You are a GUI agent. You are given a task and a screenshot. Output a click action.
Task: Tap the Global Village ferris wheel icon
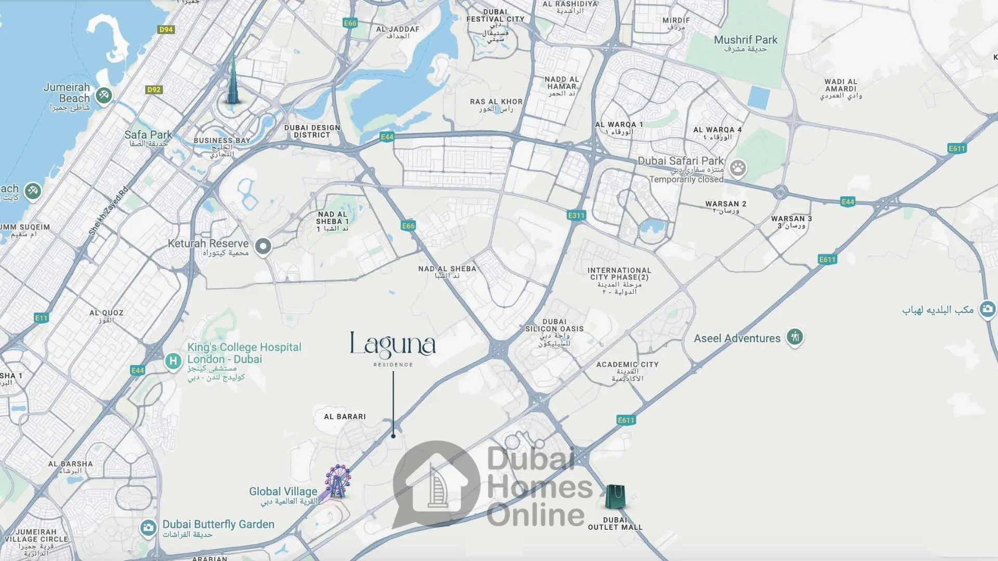click(x=338, y=482)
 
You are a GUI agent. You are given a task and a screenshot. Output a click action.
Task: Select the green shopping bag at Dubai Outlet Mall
click(x=615, y=497)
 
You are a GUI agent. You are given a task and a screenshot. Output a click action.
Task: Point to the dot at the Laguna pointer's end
click(x=393, y=436)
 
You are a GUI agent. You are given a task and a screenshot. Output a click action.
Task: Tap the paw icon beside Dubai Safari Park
click(x=738, y=168)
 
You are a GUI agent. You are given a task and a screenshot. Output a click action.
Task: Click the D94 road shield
click(x=166, y=30)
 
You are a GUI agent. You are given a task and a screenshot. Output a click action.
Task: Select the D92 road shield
click(x=154, y=89)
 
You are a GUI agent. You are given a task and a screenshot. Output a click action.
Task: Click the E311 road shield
click(x=576, y=215)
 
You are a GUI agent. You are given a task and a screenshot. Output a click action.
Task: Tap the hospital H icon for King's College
click(x=173, y=360)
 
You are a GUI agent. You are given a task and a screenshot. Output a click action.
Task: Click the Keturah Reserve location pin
click(x=263, y=246)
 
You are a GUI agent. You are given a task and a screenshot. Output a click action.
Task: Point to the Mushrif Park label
click(x=745, y=41)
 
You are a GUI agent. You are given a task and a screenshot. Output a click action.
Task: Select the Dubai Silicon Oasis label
click(x=554, y=325)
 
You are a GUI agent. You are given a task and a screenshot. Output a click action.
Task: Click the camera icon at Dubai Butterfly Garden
click(x=148, y=528)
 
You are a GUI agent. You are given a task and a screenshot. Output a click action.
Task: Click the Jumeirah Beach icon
click(x=104, y=95)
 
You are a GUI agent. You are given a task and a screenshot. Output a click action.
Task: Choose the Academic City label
click(x=627, y=365)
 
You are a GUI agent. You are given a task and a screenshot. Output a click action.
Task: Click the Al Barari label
click(x=345, y=417)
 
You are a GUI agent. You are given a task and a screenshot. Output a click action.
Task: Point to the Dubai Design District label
click(x=312, y=131)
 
